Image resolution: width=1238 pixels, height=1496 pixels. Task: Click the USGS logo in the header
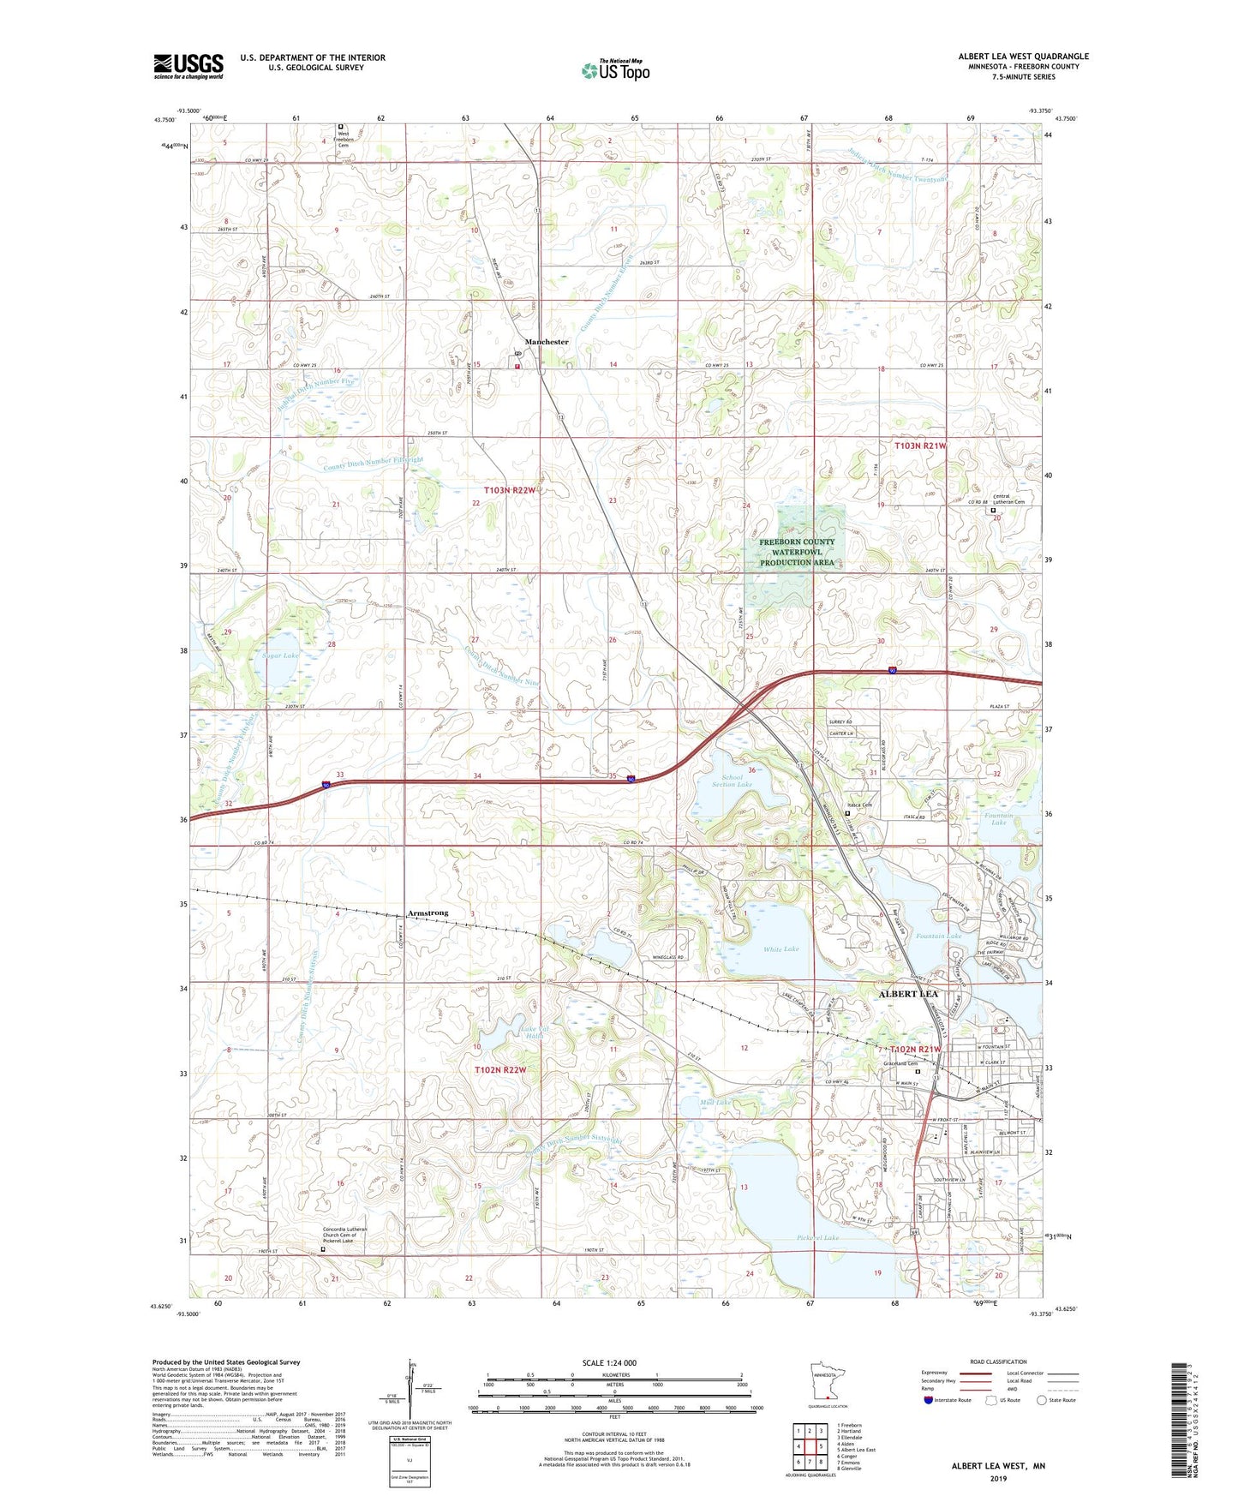coord(188,66)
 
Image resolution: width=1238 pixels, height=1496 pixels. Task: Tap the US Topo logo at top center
coord(615,70)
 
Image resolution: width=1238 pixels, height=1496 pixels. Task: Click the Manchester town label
coord(547,342)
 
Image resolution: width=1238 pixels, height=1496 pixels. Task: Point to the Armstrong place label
coord(428,913)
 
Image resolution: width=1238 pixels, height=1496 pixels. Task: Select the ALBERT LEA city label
coord(908,994)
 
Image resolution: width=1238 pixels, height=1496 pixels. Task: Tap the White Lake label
coord(780,949)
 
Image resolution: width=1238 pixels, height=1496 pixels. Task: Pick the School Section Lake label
coord(732,781)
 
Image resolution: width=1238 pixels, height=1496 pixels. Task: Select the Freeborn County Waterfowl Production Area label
coord(797,552)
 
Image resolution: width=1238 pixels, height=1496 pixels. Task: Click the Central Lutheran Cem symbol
coord(994,511)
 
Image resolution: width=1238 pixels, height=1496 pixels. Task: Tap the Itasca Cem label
coord(859,805)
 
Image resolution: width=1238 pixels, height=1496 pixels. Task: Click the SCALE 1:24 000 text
coord(611,1363)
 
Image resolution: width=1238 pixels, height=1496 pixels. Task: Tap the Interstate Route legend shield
coord(930,1401)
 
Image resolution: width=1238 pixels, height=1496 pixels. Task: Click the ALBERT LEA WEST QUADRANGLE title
coord(1023,57)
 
